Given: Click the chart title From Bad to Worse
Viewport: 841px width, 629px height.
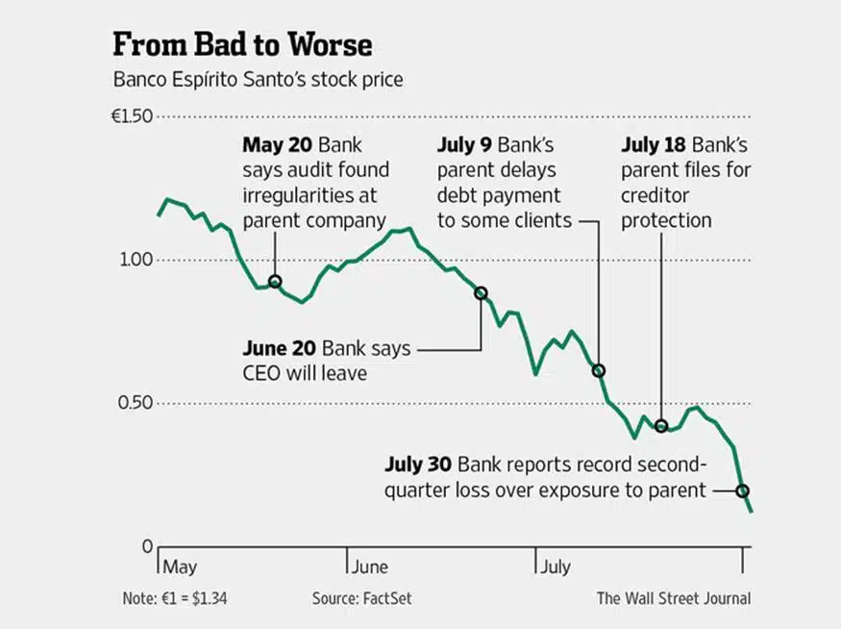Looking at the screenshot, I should [x=242, y=45].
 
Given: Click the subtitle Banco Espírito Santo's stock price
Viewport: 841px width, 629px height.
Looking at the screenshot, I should [x=258, y=79].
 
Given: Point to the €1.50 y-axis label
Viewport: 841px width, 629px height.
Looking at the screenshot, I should [x=132, y=116].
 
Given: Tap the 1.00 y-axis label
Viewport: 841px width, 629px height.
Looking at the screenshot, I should [x=136, y=260].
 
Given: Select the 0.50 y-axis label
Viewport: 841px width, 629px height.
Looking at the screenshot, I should [x=136, y=403].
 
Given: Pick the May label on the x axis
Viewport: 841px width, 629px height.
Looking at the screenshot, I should [x=181, y=567].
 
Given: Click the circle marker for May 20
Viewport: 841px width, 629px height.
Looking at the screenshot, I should [x=275, y=282].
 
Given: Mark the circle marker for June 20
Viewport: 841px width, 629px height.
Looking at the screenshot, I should [x=482, y=292].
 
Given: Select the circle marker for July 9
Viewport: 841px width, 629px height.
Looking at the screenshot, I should [x=599, y=370].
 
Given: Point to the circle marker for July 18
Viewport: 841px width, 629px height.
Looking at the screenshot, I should [x=661, y=426].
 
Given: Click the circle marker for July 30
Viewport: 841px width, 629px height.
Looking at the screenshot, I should [x=743, y=491].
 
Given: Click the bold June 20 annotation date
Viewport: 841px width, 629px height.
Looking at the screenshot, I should [x=282, y=348].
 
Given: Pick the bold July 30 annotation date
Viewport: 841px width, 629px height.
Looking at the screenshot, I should [x=418, y=464].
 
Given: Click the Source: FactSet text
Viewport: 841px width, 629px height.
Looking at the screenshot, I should [x=361, y=598].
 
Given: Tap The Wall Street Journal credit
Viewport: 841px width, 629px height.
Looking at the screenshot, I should [x=673, y=598].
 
